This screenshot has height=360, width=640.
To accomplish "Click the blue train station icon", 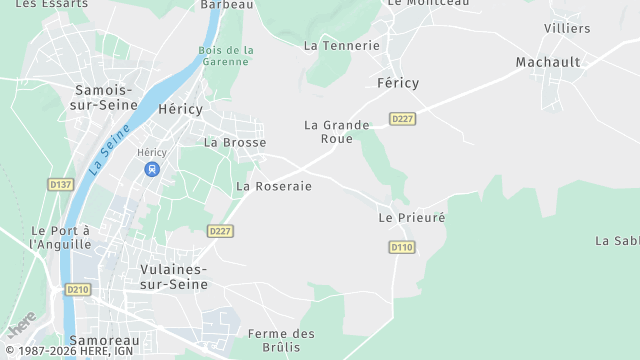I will pos(152,169).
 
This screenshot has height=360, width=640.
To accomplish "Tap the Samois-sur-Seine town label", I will pos(106,97).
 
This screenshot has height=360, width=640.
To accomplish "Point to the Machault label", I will pos(548,62).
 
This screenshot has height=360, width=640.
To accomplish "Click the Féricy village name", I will pos(398,83).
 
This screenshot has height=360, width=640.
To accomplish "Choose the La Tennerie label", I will pos(342,45).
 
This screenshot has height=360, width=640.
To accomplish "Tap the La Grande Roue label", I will pos(336,132).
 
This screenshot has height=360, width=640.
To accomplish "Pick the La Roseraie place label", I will pos(274,186).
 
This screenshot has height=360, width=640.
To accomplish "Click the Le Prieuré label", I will pos(411,217).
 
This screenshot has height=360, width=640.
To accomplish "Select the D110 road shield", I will pos(402,247).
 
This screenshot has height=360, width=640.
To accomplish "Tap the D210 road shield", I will pos(78,289).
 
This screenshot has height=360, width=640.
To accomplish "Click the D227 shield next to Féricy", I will pos(403,119).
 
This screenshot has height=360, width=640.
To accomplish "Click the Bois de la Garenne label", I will pos(226,56).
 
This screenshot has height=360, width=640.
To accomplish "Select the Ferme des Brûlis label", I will pos(281,340).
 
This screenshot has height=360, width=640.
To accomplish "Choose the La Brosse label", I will pos(235,142).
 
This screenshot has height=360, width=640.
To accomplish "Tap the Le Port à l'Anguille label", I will pos(61,237).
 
